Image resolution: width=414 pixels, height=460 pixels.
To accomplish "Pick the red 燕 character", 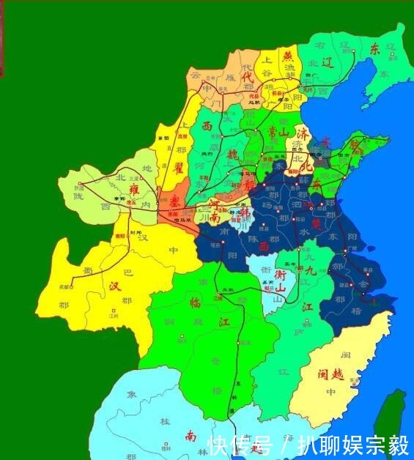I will (289, 56).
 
